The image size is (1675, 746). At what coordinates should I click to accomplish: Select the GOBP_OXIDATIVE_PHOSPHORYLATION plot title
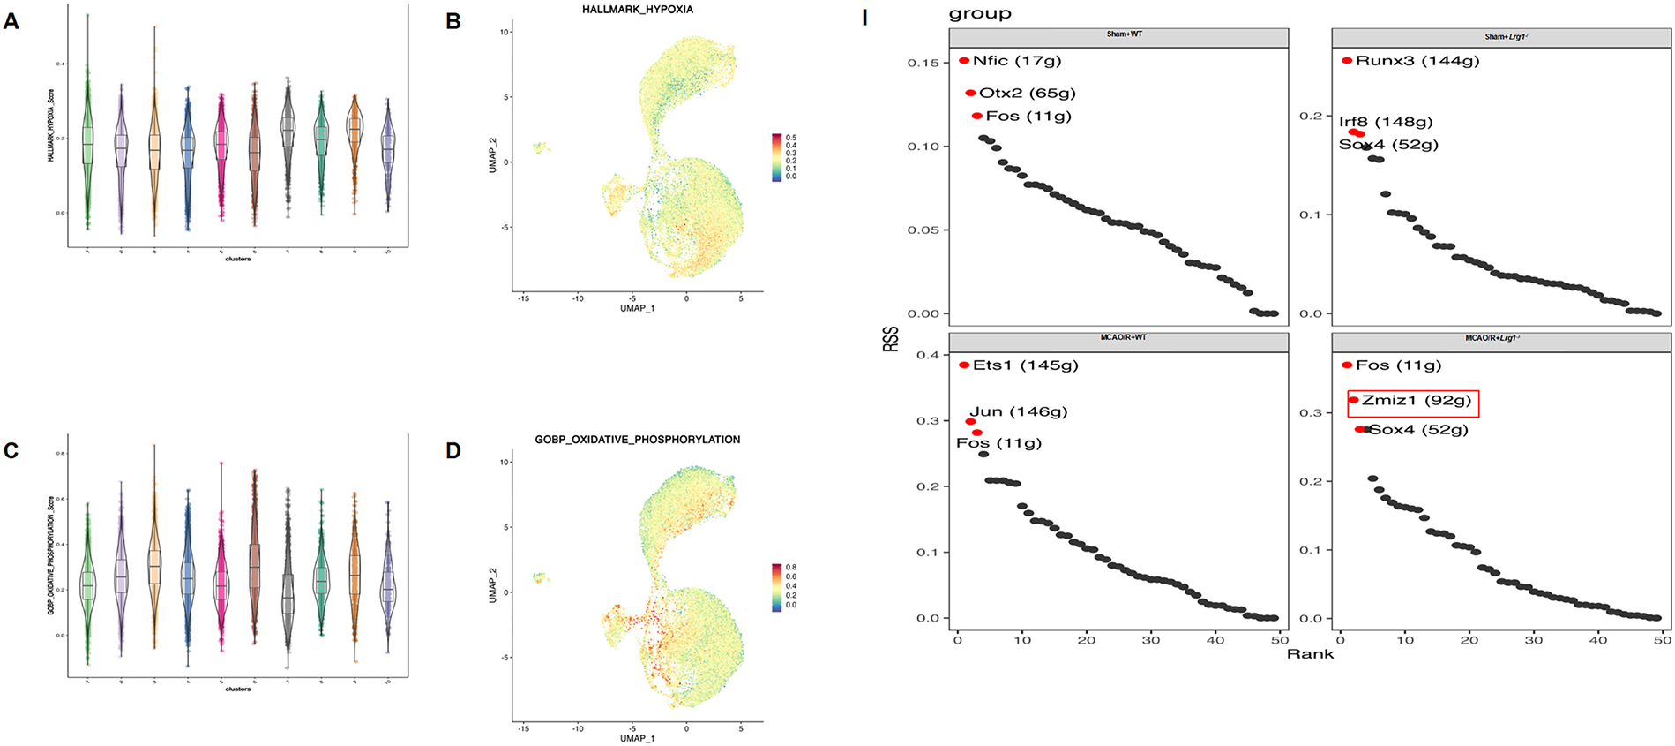pos(637,440)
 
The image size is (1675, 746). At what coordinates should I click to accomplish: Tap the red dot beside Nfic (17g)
pos(964,61)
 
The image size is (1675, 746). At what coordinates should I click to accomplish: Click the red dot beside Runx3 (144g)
pos(1347,61)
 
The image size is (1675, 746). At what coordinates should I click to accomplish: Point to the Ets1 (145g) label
pos(1025,365)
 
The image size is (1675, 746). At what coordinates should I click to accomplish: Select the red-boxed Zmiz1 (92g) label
pos(1416,401)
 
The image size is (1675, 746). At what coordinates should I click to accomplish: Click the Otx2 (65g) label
pos(1027,93)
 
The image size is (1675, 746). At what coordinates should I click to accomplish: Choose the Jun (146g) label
pos(1018,412)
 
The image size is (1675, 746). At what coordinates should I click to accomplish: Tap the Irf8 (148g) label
pos(1385,122)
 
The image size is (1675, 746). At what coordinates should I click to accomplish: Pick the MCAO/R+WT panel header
pos(1118,338)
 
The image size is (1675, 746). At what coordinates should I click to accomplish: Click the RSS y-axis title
pos(891,339)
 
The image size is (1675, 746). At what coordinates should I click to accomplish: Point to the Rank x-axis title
pos(1310,654)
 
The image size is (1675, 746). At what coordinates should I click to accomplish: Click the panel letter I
pos(864,18)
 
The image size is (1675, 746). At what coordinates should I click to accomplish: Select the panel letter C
pos(11,451)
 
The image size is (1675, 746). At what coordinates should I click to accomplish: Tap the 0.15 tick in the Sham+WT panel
pos(923,63)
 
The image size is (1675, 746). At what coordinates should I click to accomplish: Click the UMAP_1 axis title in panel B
pos(637,309)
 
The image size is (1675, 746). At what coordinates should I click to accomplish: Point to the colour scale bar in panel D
pos(776,587)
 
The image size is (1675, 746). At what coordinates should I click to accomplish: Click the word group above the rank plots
pos(980,13)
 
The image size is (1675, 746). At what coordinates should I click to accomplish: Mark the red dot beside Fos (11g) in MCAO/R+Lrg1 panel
pos(1347,365)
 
